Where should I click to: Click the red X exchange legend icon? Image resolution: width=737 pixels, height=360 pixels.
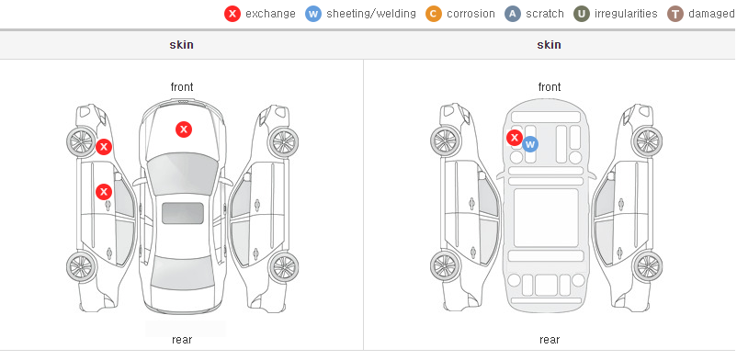pos(232,14)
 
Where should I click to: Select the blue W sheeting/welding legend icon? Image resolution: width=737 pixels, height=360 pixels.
pos(313,14)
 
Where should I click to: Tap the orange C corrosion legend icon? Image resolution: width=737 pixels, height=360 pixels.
pos(434,14)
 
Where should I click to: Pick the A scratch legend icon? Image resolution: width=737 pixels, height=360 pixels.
pos(513,14)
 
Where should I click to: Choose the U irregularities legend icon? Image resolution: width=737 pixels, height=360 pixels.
pos(582,14)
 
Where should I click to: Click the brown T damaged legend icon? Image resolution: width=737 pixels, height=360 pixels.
pos(675,14)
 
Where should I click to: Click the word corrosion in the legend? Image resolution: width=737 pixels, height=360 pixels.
pos(471,14)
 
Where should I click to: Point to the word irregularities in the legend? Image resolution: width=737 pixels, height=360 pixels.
pos(626,14)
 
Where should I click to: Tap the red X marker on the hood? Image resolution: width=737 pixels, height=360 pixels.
pos(184,129)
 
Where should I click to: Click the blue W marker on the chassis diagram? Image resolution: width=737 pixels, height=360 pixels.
pos(530,144)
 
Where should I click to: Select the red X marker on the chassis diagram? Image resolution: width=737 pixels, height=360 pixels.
pos(515,138)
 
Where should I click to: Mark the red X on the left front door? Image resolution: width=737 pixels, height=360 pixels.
pos(104,192)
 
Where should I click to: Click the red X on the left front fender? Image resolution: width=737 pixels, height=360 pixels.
pos(104,147)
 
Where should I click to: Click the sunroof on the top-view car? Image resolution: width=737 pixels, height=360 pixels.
pos(183,213)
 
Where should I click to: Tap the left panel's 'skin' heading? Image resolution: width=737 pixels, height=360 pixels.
pos(181,45)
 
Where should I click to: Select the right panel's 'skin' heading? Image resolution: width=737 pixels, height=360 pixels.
pos(549,45)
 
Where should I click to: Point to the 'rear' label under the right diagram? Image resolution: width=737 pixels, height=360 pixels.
pos(550,340)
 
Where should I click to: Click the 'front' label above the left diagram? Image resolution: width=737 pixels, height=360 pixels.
pos(182,87)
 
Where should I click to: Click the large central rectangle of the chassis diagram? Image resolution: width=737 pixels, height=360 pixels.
pos(546,218)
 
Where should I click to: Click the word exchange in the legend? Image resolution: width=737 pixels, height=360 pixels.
pos(270,14)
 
